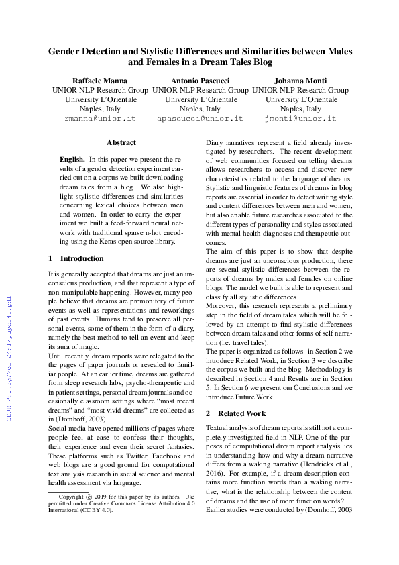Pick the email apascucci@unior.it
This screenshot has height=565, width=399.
pos(201,118)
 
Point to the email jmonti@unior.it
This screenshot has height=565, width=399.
pos(300,118)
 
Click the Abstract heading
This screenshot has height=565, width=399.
pos(121,142)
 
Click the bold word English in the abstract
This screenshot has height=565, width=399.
pos(72,159)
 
